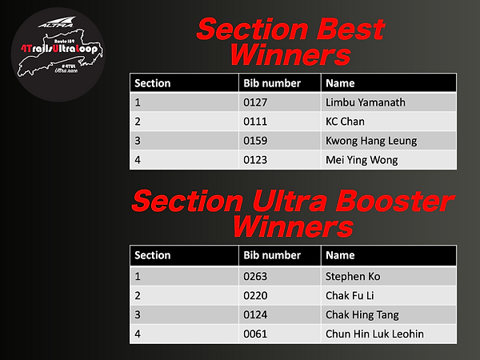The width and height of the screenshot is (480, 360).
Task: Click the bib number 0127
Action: [x=255, y=102]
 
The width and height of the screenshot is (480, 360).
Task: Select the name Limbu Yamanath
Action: [x=361, y=102]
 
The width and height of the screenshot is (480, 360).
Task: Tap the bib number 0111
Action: [x=254, y=122]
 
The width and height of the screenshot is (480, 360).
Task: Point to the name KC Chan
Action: [x=345, y=122]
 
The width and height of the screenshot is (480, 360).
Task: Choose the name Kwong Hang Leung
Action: [x=371, y=141]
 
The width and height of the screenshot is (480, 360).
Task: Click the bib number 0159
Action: [x=255, y=141]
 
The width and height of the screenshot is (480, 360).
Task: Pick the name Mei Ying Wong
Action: [x=362, y=160]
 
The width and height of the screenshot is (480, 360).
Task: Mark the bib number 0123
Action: [x=255, y=160]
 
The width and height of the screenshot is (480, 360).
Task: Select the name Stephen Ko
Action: [x=353, y=277]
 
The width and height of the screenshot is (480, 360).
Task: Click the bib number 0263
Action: [x=255, y=277]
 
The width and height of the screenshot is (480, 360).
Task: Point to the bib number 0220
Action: [x=255, y=295]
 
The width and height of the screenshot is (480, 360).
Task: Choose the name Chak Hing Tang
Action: [x=362, y=314]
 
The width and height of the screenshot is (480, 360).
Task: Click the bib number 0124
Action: [x=255, y=314]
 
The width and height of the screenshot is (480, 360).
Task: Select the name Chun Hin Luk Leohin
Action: [x=374, y=334]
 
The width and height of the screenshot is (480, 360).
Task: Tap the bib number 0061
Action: [x=255, y=334]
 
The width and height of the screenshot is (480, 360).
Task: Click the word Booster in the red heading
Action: [x=393, y=201]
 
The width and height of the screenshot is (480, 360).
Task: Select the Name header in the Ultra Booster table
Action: [x=339, y=256]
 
